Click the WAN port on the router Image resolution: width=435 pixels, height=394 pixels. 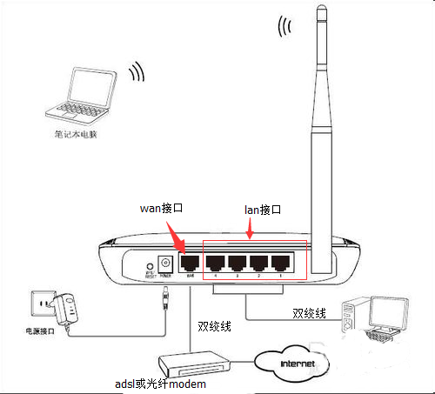coord(190,264)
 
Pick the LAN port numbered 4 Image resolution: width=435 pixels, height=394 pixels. coord(214,263)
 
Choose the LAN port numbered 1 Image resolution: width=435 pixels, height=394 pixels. coord(280,263)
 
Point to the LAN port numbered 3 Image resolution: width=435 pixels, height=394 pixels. coord(236,263)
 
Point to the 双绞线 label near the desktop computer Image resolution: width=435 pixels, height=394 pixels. coord(308,311)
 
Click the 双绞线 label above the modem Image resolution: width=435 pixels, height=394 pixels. coord(215,326)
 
